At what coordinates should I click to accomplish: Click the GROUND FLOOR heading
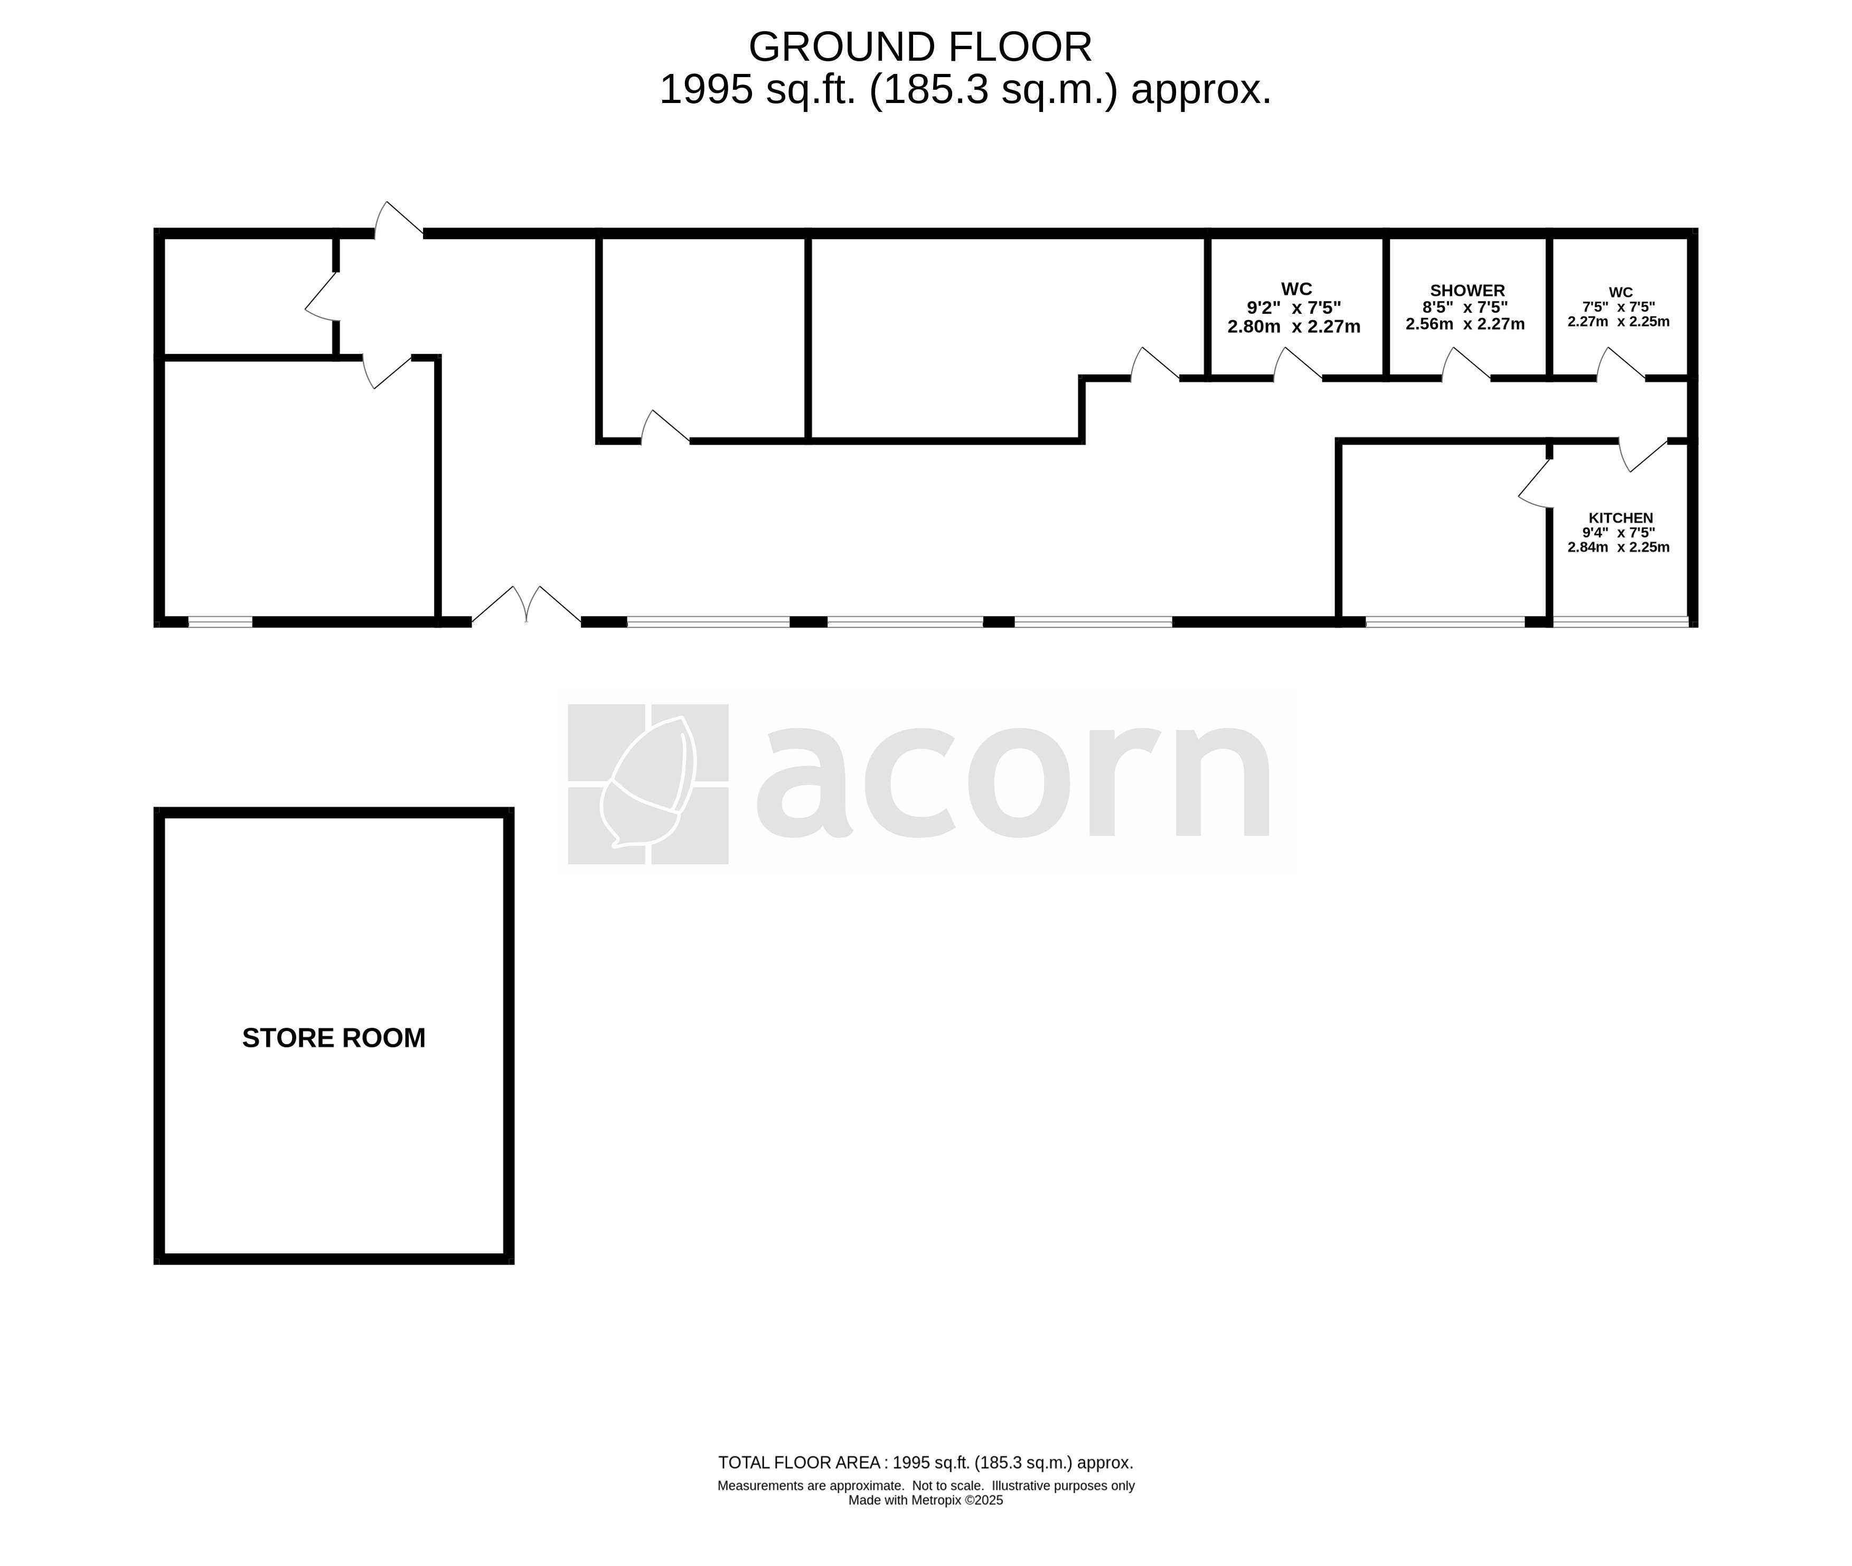[x=920, y=47]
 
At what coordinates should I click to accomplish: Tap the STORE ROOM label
[x=334, y=1038]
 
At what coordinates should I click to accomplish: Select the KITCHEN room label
[x=1620, y=518]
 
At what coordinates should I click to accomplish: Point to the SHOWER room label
[x=1467, y=290]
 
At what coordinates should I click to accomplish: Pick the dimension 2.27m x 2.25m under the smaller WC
[x=1619, y=321]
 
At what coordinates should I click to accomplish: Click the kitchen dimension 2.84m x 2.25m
[x=1619, y=547]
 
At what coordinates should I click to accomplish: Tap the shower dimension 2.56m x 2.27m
[x=1465, y=324]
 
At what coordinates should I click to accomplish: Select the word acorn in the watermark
[x=1013, y=781]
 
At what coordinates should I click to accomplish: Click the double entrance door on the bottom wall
[x=526, y=604]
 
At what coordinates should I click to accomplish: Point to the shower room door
[x=1465, y=364]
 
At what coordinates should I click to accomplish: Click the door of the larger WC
[x=1298, y=364]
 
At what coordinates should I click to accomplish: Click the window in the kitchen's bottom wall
[x=1620, y=622]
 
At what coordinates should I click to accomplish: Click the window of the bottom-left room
[x=220, y=622]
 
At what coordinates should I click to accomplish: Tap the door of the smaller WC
[x=1621, y=364]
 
